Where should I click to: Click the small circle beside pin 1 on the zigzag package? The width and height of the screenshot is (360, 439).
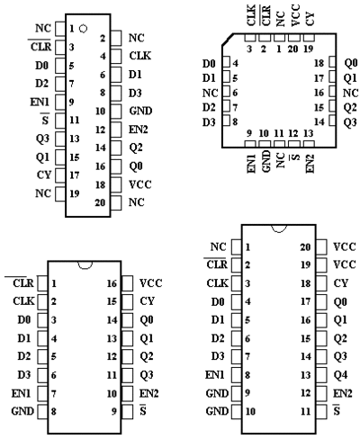coord(83,29)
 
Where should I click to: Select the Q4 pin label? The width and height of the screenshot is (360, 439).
coord(340,375)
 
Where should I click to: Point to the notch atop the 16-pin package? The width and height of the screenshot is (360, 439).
coord(85,264)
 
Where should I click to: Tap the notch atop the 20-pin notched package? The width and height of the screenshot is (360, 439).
coord(279,228)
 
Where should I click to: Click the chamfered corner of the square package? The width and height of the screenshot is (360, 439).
coord(228,40)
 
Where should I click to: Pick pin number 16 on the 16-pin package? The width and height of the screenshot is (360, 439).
coord(112,283)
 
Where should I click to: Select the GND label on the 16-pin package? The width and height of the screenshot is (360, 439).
coord(22,411)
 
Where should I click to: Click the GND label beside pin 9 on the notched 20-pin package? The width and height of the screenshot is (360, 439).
coord(217,393)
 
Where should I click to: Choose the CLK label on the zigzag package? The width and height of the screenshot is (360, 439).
coord(140,56)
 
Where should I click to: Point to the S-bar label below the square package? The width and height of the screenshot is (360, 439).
coord(295,157)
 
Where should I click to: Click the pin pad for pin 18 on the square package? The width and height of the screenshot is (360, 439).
coord(332,62)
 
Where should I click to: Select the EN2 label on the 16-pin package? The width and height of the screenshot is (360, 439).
coord(148,393)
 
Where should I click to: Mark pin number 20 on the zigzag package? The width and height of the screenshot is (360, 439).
coord(100,202)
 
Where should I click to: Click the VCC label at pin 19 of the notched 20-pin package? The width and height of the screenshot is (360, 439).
coord(345,264)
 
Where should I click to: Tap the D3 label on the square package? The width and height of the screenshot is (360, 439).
coord(209,122)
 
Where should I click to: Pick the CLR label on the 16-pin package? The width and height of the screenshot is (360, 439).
coord(23,282)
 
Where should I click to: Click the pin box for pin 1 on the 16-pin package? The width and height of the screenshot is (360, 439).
coord(42,283)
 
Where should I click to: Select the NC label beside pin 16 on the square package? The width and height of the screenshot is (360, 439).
coord(350,93)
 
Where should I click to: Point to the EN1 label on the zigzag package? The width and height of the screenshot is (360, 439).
coord(40,103)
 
